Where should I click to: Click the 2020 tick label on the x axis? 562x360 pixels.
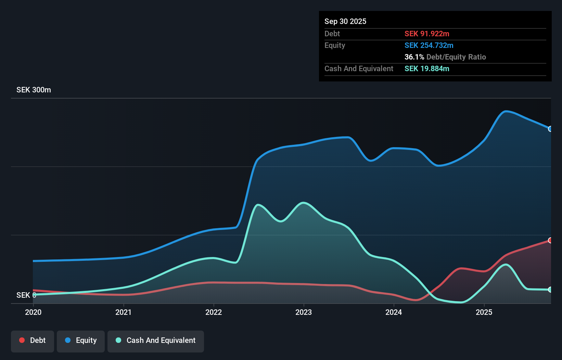(33, 312)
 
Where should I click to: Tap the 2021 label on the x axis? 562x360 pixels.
(123, 312)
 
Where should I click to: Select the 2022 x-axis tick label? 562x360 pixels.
(214, 312)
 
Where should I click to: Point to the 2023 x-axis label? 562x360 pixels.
(304, 312)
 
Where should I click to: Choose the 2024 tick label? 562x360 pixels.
(394, 312)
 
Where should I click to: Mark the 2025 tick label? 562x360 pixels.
(484, 312)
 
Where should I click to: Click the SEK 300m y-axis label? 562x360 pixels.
(34, 90)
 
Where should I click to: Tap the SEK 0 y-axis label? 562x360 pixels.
(26, 295)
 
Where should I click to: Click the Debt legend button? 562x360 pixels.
(33, 340)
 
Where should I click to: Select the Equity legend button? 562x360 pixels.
(81, 340)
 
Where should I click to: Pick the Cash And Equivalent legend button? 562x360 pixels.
(156, 340)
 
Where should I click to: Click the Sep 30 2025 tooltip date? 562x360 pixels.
(345, 21)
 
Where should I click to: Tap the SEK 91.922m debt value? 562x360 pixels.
(426, 34)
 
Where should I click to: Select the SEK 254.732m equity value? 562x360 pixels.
(429, 45)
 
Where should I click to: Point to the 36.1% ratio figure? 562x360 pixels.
(414, 57)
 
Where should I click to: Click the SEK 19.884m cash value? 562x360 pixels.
(426, 68)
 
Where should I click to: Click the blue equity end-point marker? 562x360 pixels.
(550, 129)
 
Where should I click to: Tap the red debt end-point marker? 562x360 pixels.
(550, 240)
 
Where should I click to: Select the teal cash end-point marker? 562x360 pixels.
(550, 290)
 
